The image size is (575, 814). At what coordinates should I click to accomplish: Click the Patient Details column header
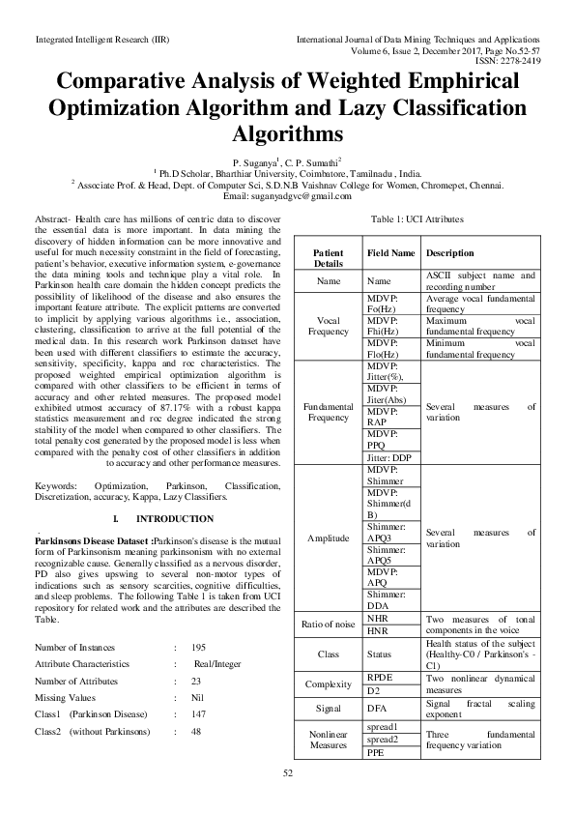click(x=329, y=257)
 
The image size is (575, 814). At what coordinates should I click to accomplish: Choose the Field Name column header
click(x=391, y=252)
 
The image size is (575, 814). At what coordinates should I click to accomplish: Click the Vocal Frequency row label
click(x=329, y=324)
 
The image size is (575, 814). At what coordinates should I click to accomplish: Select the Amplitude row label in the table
click(x=329, y=536)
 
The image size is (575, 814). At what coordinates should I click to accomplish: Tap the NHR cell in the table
click(x=377, y=617)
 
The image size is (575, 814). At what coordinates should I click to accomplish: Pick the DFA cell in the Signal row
click(x=378, y=709)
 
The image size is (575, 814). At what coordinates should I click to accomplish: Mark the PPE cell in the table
click(x=376, y=753)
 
